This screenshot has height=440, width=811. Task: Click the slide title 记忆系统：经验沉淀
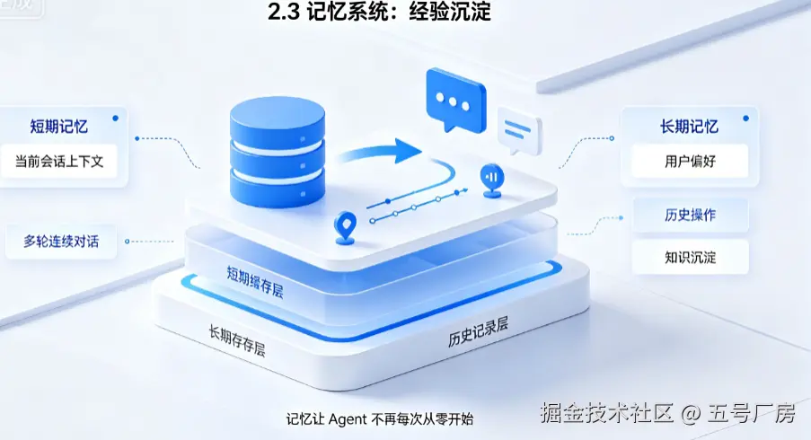click(380, 12)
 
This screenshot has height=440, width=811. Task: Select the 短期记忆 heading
click(59, 127)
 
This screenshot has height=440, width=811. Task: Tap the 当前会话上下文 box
click(59, 162)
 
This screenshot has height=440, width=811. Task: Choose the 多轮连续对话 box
click(61, 242)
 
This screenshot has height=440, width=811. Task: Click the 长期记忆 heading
click(689, 127)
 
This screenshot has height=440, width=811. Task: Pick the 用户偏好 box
click(690, 162)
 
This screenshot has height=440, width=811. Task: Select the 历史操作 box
click(691, 215)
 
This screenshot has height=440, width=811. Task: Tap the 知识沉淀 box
click(691, 257)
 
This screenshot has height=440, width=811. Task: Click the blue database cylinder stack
click(278, 152)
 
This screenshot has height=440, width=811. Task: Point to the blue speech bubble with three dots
click(455, 101)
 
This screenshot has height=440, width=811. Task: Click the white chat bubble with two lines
click(519, 130)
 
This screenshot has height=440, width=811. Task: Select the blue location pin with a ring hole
click(345, 227)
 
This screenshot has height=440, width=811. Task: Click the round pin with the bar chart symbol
click(492, 180)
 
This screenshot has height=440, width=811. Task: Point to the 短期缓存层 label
click(255, 282)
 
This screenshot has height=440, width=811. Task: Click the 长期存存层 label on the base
click(237, 340)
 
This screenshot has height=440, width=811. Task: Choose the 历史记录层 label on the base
click(478, 332)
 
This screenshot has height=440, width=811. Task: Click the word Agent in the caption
click(348, 418)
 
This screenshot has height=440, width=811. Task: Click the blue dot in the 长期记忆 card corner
click(745, 119)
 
